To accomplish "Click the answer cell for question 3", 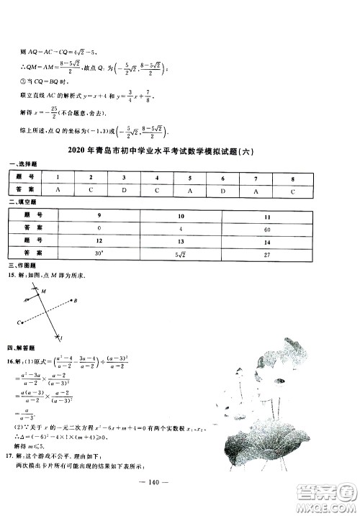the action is tap(124, 190).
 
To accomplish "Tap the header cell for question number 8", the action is tap(292, 177).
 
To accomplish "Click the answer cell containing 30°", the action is tap(99, 253).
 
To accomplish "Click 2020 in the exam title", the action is tap(76, 151).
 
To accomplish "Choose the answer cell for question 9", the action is tap(99, 227).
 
